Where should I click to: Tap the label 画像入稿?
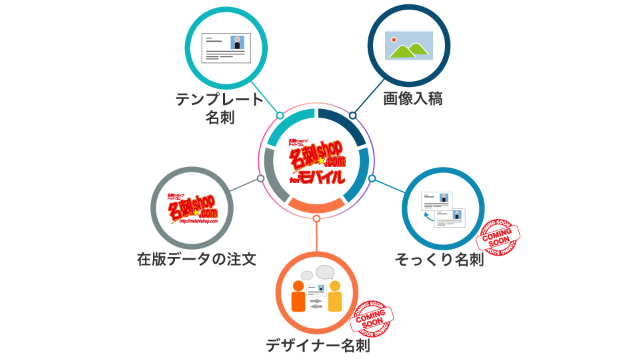pos(412,99)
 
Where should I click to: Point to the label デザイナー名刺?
pos(318,347)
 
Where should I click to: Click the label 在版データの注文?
pos(197,258)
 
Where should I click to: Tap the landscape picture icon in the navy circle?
pos(413,46)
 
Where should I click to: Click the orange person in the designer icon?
pos(297,297)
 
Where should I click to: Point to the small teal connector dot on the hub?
pos(280,116)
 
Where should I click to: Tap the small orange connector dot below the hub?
pos(316,218)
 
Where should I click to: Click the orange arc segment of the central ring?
pos(316,206)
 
